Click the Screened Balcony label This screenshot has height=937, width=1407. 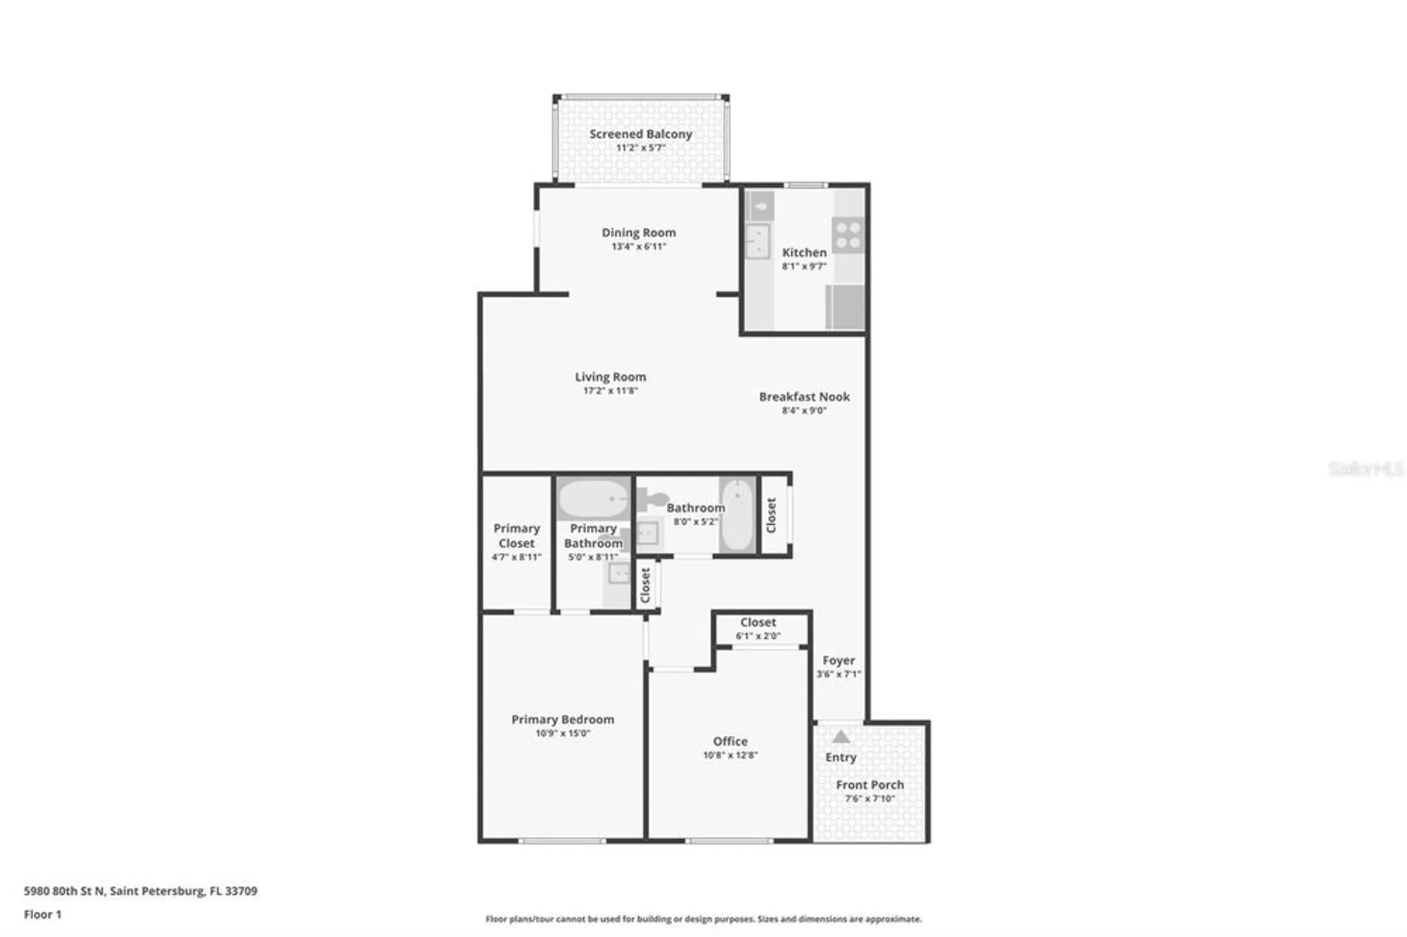[x=640, y=134]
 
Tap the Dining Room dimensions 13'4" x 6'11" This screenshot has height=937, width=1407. [x=638, y=246]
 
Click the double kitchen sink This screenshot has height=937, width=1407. [x=758, y=241]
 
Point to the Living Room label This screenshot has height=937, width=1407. [x=610, y=377]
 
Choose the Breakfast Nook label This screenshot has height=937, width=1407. [x=804, y=397]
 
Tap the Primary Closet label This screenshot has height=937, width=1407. [x=516, y=535]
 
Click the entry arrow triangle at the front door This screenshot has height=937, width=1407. [x=841, y=737]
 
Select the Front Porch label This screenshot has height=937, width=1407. [x=870, y=784]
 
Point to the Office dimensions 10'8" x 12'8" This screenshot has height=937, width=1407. [x=730, y=755]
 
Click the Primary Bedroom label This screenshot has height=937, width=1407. [x=562, y=719]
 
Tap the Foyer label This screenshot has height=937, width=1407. [x=839, y=661]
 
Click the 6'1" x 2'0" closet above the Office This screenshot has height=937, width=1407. [x=758, y=628]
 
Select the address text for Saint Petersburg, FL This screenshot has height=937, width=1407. [x=141, y=891]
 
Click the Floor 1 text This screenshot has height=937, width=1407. [x=43, y=914]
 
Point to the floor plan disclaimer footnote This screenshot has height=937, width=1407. [x=703, y=919]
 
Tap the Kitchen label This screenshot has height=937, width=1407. [x=804, y=252]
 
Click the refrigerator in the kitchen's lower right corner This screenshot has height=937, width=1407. [x=845, y=307]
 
